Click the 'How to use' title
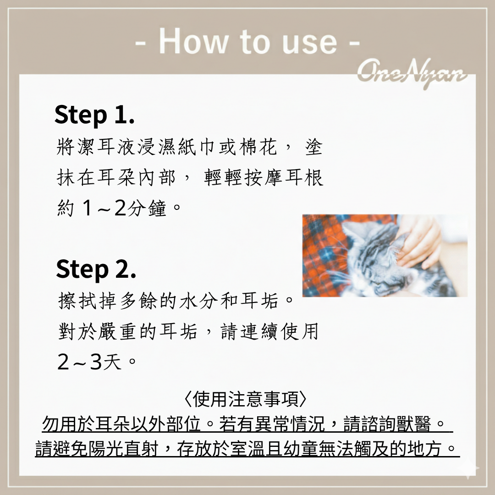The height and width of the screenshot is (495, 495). point(247,41)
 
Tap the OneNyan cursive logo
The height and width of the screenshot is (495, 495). point(412,74)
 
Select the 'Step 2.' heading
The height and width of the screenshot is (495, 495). point(96,269)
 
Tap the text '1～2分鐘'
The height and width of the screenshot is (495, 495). point(124,209)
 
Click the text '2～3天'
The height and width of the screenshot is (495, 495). point(89,362)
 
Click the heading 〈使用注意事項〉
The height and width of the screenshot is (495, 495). point(245,399)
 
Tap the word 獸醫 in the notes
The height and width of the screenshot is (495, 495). point(413,424)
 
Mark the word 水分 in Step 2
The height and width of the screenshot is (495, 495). point(198,301)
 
